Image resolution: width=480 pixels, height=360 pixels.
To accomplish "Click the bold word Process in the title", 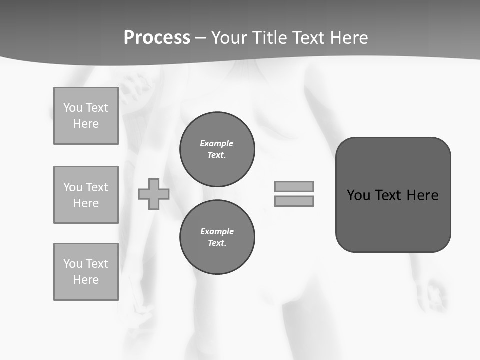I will click(x=157, y=38).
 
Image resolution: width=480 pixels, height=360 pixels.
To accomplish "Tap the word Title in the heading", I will click(x=269, y=38).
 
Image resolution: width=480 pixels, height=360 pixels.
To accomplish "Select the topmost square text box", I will click(x=86, y=116).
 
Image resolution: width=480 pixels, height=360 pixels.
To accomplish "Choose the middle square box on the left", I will click(x=86, y=195).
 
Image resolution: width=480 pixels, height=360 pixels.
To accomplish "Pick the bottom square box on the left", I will click(x=86, y=272).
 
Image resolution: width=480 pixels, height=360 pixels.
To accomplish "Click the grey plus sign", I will click(x=154, y=194).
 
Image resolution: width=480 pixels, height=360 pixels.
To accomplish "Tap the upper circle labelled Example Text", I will click(x=217, y=149).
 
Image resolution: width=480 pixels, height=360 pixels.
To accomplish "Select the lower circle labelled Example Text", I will click(x=217, y=237).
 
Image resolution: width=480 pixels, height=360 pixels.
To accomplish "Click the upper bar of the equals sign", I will click(x=294, y=186).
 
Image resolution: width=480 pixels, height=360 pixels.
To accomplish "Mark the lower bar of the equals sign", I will click(x=294, y=201).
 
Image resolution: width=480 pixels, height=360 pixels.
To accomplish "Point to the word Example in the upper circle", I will click(x=217, y=143).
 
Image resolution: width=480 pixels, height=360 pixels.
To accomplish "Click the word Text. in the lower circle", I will click(x=217, y=243).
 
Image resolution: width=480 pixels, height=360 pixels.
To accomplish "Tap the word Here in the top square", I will click(x=86, y=124).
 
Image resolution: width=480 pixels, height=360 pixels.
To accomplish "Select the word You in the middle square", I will click(x=72, y=187).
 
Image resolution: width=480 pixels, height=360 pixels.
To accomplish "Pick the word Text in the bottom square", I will click(x=96, y=264).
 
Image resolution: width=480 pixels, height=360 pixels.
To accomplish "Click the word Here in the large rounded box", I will click(x=422, y=195).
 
